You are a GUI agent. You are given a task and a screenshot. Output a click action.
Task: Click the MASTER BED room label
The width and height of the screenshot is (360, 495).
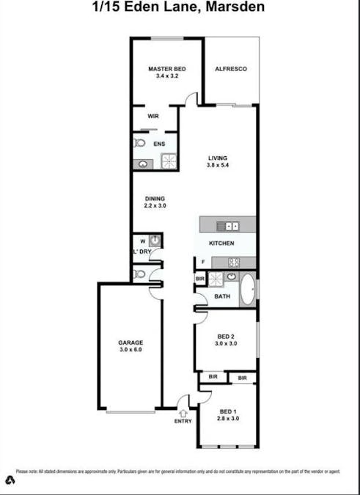coord(166,69)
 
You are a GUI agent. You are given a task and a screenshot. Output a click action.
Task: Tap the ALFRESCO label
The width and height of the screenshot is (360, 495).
coord(230,69)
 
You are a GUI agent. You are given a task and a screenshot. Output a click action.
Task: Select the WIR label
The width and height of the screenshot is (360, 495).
coord(153,116)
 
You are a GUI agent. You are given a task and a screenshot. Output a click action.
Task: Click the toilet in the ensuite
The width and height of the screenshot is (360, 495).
coord(139,144)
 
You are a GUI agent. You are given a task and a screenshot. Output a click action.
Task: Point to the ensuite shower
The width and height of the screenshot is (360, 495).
coord(169,161)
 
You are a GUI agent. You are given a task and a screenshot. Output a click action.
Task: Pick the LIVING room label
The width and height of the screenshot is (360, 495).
coord(218,158)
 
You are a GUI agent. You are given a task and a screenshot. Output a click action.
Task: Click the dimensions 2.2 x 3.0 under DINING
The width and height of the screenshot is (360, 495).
coord(155,206)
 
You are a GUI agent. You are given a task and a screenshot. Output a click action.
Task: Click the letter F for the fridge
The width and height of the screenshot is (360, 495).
coord(202,261)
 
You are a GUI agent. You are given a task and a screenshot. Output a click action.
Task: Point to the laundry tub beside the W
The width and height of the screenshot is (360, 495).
coord(155,241)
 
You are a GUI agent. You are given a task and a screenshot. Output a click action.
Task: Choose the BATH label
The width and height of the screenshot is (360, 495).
coord(222,296)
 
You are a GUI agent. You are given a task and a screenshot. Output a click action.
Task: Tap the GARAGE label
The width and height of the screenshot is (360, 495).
coord(131,342)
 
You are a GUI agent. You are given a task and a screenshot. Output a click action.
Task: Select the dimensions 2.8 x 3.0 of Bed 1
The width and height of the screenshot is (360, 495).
coord(229,419)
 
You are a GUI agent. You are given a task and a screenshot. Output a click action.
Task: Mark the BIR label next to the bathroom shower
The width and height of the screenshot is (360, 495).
coord(199,279)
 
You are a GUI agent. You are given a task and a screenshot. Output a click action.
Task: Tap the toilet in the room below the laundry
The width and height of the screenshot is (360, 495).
coord(139,274)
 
